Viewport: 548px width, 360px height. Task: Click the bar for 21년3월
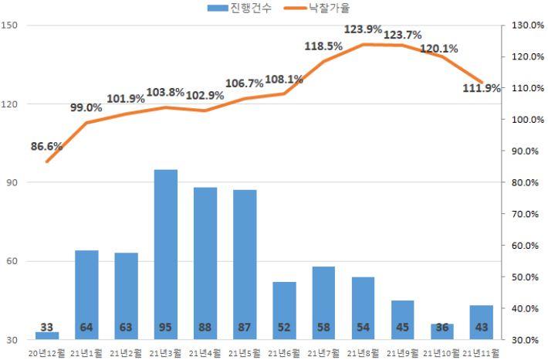point(165,254)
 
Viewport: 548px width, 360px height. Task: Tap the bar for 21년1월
point(86,294)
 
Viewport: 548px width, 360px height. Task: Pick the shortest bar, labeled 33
point(47,335)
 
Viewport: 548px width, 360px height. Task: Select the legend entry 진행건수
point(239,8)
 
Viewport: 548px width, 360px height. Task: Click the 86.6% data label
point(47,146)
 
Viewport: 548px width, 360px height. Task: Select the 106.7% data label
point(245,83)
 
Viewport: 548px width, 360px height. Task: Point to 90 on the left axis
point(13,182)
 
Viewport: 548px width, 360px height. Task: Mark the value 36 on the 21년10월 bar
point(442,328)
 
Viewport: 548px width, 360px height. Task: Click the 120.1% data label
point(439,49)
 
